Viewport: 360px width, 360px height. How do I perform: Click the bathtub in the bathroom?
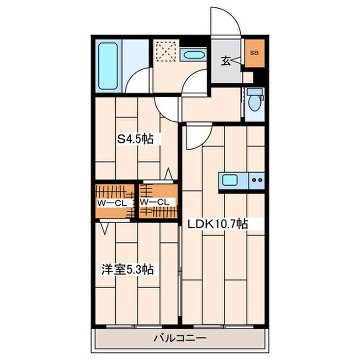[108, 66]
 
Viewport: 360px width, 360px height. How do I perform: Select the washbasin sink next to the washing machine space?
[194, 55]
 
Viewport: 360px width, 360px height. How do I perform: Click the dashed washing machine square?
[167, 51]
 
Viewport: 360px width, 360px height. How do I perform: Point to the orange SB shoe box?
[255, 53]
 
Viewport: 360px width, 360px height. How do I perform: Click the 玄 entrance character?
[226, 61]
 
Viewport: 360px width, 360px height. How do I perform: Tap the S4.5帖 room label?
[135, 139]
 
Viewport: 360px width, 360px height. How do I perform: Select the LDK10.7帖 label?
[218, 224]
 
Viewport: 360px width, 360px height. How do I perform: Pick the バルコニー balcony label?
[180, 338]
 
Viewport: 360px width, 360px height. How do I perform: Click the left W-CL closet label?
[112, 203]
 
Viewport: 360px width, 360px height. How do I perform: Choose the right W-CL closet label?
[154, 202]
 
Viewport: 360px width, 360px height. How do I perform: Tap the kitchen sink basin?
[230, 180]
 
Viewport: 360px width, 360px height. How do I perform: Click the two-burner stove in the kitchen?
[257, 180]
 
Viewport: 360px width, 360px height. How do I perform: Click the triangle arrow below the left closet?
[105, 228]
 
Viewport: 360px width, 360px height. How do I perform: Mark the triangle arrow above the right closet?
[169, 174]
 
